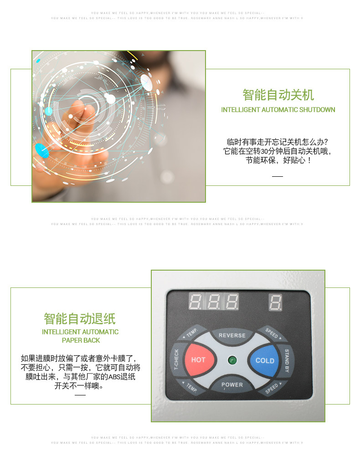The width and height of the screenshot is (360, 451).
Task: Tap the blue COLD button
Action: tap(265, 360)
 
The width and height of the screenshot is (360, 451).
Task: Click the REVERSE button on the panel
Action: tap(232, 336)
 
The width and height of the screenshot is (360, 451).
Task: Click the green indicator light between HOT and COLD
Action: tap(232, 360)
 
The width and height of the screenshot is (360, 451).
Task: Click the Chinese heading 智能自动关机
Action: tap(278, 95)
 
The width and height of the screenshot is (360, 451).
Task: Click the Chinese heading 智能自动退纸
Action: tap(80, 318)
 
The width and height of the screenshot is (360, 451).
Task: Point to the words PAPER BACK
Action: tap(80, 340)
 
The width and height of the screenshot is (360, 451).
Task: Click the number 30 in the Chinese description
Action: tap(265, 151)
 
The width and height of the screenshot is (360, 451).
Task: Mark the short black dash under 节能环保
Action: tap(278, 176)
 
